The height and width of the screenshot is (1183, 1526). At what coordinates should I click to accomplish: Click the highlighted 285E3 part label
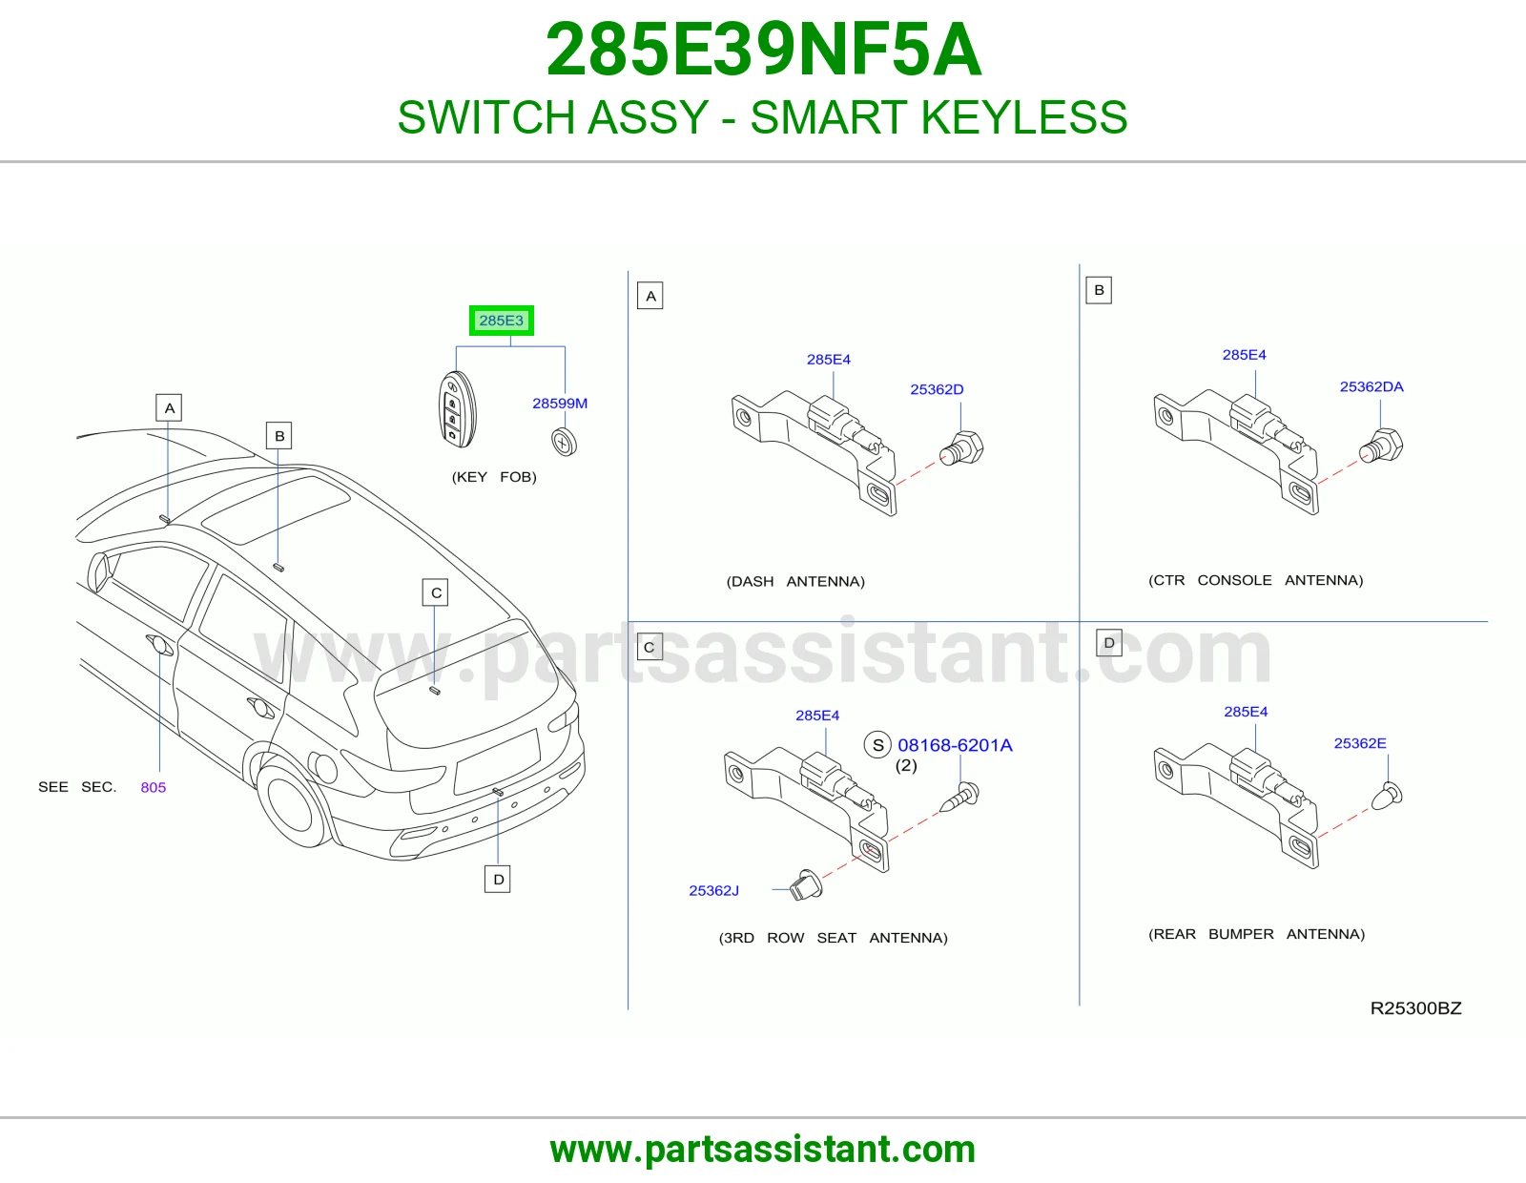pyautogui.click(x=502, y=321)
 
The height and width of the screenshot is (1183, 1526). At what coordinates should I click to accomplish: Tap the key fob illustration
pyautogui.click(x=457, y=409)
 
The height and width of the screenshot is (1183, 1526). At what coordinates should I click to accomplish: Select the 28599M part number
pyautogui.click(x=560, y=404)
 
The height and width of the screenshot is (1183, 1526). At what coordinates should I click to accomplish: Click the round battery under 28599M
pyautogui.click(x=564, y=442)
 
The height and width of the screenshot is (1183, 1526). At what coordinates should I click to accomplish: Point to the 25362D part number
pyautogui.click(x=937, y=389)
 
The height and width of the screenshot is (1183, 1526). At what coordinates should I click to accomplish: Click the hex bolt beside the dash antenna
pyautogui.click(x=962, y=448)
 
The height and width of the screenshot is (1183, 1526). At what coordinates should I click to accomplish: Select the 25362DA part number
pyautogui.click(x=1371, y=386)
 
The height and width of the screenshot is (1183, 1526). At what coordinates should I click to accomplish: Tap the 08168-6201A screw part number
pyautogui.click(x=955, y=745)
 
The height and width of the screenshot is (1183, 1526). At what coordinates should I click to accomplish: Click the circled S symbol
pyautogui.click(x=877, y=745)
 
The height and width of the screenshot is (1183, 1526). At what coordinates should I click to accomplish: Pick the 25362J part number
pyautogui.click(x=713, y=891)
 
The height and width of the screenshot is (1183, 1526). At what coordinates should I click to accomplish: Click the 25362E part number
pyautogui.click(x=1360, y=743)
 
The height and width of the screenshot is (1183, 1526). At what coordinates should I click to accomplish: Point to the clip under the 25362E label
pyautogui.click(x=1386, y=796)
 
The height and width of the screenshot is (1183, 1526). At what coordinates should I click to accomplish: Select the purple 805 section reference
pyautogui.click(x=154, y=787)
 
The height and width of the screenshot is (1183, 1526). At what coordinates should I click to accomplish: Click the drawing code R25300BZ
pyautogui.click(x=1415, y=1008)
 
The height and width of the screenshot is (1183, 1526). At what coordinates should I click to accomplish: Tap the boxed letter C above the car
pyautogui.click(x=436, y=592)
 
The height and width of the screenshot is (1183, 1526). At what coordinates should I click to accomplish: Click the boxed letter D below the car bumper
pyautogui.click(x=498, y=880)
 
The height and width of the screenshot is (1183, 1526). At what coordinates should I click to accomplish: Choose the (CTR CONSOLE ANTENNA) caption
pyautogui.click(x=1256, y=580)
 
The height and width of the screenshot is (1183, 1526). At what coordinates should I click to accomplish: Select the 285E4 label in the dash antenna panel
pyautogui.click(x=829, y=360)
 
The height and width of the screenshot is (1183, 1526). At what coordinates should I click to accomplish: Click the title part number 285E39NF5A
pyautogui.click(x=763, y=50)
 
